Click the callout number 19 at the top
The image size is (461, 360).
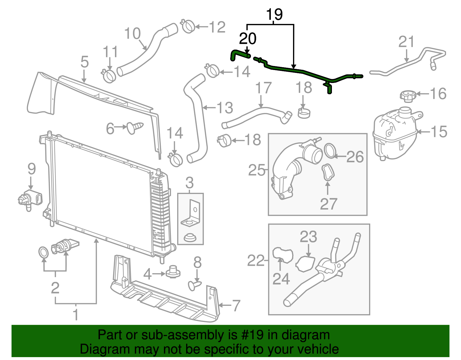coord(274,14)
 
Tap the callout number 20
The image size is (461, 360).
coord(248,39)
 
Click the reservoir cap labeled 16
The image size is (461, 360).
coord(407,96)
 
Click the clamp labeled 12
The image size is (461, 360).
coord(188,27)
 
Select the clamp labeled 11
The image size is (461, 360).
coord(109,75)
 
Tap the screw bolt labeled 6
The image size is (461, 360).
coord(135,127)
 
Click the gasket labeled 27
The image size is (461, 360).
coord(328,172)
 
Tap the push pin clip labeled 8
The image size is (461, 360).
coord(194,285)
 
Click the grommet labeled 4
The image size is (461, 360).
coord(173,272)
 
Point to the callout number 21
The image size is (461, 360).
coord(406,42)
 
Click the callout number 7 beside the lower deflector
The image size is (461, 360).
coord(236,306)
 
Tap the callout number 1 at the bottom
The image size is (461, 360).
coord(75,315)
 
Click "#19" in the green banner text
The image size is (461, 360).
coord(251,335)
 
